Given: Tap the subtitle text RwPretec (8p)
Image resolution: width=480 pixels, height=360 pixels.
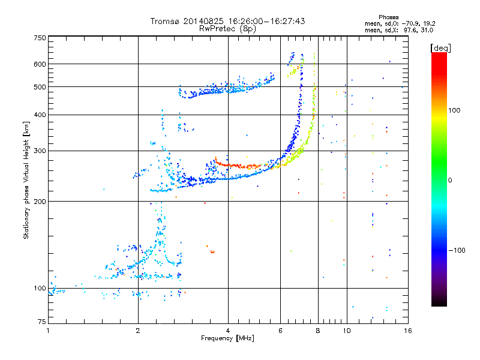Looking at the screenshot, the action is coord(227,29).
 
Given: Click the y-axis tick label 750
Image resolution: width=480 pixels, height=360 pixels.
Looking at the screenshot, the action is coord(40,38).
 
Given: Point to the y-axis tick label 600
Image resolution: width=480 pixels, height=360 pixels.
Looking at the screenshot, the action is coord(40,64).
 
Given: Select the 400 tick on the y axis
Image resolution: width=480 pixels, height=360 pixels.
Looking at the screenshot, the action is coord(40,115).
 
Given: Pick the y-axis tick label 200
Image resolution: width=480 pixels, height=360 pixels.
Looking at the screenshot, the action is coord(40,202).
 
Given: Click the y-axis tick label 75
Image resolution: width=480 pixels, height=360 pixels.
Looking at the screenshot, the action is coord(42,322).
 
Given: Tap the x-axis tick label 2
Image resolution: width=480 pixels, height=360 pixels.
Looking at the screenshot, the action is coord(138,331).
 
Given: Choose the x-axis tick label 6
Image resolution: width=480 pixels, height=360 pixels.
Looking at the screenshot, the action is coord(280,331).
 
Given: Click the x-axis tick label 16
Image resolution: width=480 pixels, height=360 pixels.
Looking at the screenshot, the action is coord(408,331).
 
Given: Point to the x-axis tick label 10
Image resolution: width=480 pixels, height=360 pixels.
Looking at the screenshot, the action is coord(347,331).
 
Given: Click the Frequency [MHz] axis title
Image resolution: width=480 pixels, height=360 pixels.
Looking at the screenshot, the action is coord(227,338).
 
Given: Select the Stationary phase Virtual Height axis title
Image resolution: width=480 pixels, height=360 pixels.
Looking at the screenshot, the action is coord(26,180).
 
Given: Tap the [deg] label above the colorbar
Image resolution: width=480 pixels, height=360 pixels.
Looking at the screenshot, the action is coord(440,48).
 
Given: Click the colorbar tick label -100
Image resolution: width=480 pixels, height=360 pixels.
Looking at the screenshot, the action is coord(457,250).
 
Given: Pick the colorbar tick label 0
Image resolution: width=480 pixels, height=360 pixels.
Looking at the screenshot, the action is coord(450,181).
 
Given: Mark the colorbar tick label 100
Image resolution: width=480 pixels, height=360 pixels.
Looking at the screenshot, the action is coord(454,110).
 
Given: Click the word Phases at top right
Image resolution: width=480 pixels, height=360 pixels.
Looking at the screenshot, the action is coord(389,17).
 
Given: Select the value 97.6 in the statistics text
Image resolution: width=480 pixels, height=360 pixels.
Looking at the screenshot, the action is coord(409,30).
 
